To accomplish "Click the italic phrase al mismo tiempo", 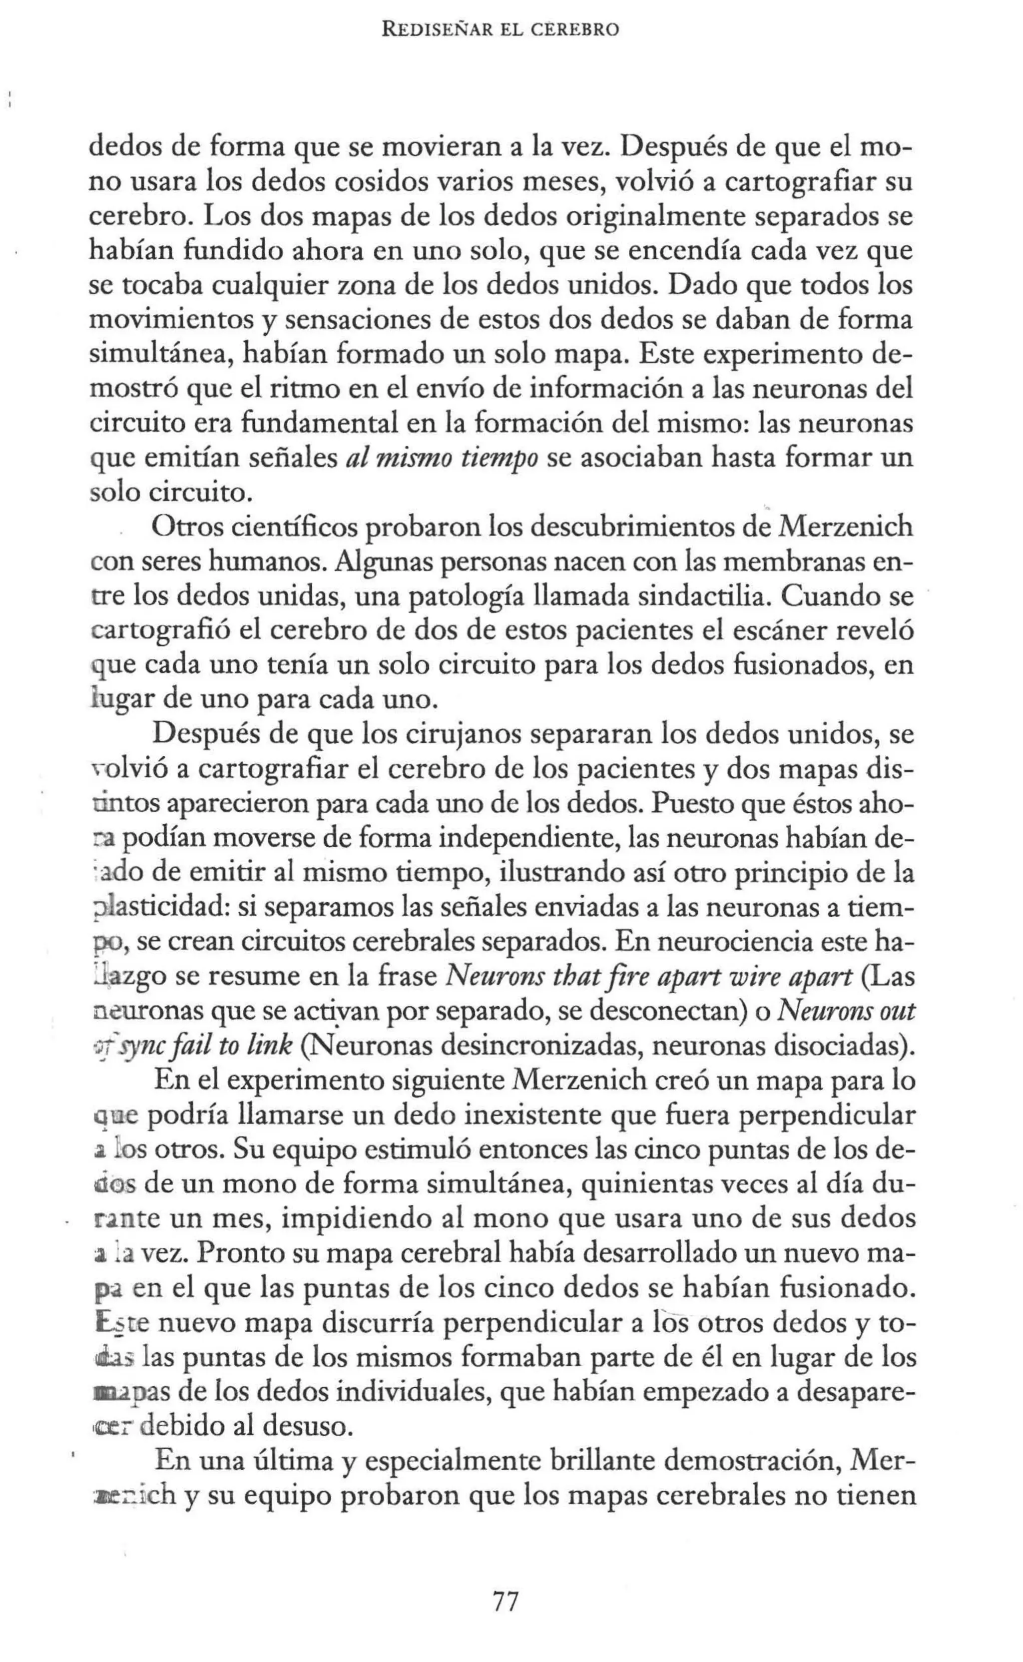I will tap(442, 459).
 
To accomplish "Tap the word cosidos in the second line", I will tap(384, 182).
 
